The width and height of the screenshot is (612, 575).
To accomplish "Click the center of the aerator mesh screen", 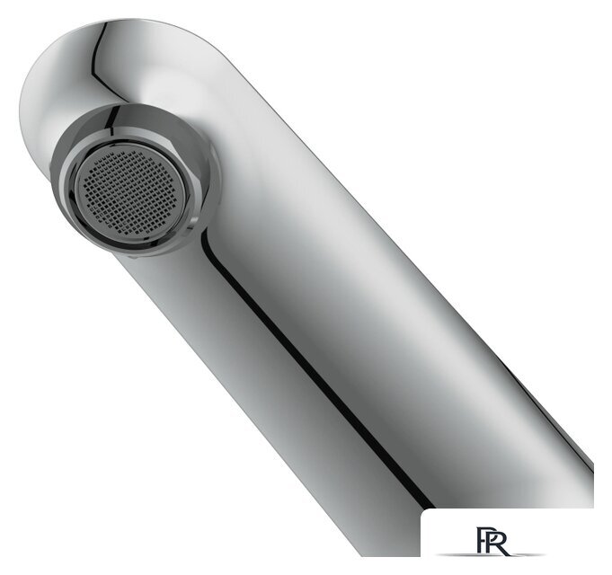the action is coord(131,191).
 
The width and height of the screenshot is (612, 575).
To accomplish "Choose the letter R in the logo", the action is coord(499,544).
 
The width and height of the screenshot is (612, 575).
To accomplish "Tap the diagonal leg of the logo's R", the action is coord(502,549).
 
